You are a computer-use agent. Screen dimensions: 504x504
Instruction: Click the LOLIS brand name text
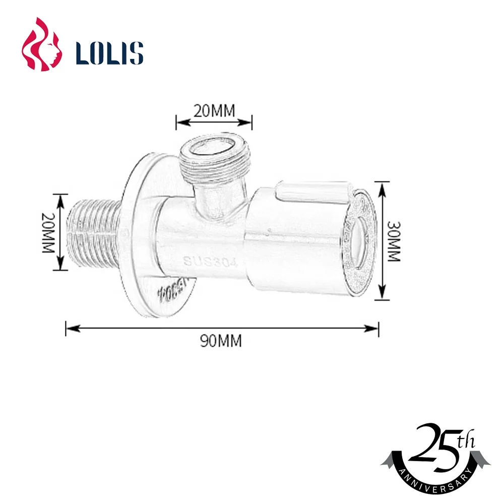point(109,52)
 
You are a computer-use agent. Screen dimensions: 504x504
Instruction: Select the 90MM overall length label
point(221,341)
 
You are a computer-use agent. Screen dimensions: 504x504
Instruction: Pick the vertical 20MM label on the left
point(49,232)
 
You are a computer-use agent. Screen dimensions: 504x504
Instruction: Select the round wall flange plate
point(141,237)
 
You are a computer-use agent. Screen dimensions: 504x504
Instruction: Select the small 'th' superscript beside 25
point(465,442)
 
